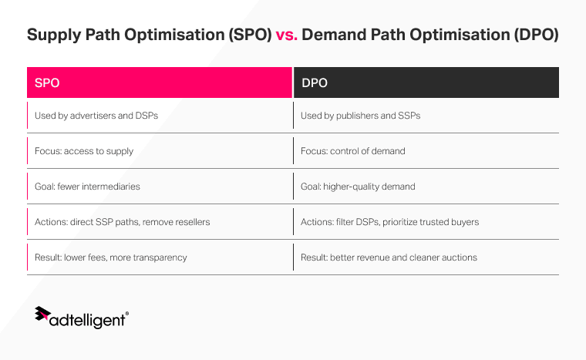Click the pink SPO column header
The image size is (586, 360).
(160, 82)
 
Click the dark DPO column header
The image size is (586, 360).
(426, 82)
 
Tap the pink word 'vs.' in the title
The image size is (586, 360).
(286, 35)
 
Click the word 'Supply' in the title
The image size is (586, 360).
(54, 35)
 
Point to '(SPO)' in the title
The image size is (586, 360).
(246, 35)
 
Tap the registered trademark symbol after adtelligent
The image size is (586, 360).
(126, 314)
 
